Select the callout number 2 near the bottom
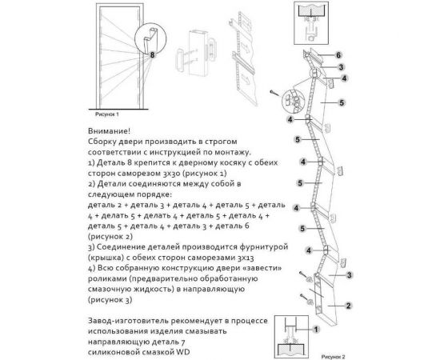coord(350,305)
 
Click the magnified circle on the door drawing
coord(147,35)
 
